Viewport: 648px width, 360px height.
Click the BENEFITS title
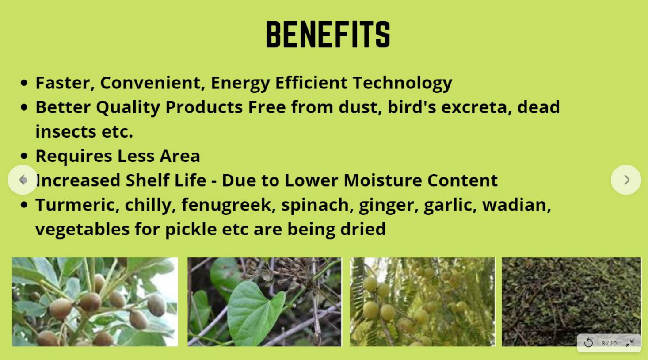coord(328,34)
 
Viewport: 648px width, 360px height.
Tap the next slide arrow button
coord(626,180)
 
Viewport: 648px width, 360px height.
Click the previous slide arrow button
coord(23,180)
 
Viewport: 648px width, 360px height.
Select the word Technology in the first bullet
coord(402,83)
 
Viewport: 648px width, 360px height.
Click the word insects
coord(66,132)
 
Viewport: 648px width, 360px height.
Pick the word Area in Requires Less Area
coord(179,156)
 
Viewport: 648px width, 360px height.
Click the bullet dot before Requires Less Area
coord(24,156)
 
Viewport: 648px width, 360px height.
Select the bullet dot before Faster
coord(24,83)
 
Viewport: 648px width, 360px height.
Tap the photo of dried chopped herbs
coord(572,302)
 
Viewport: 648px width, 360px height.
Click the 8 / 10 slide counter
coord(609,344)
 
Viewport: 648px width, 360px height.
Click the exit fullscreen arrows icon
coord(630,343)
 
